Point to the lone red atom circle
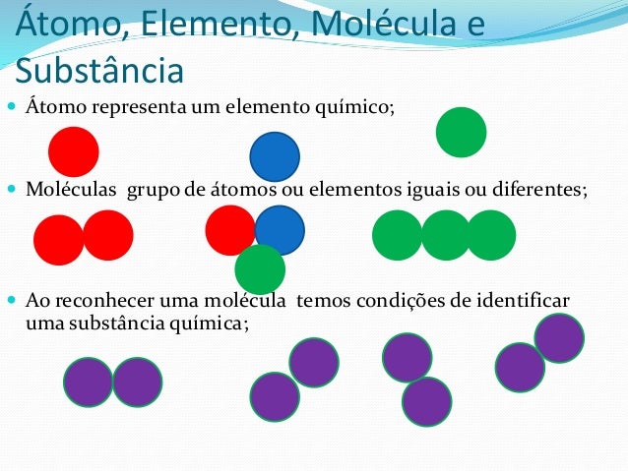click(74, 152)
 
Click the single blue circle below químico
click(275, 156)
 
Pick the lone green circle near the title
click(461, 132)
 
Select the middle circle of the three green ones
click(446, 235)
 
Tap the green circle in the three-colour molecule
click(260, 268)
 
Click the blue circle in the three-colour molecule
click(280, 230)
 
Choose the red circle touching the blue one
click(230, 229)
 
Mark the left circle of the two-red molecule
click(58, 240)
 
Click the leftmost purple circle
click(89, 383)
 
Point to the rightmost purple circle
click(559, 338)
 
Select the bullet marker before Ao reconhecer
click(11, 299)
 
